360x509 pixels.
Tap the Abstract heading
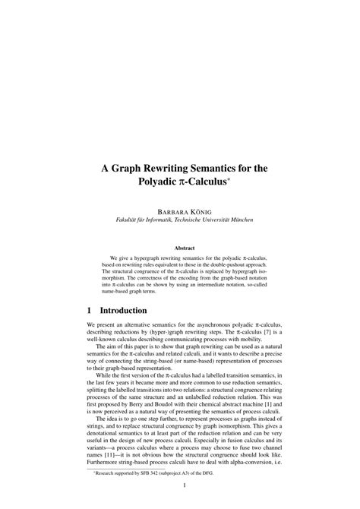tap(185, 247)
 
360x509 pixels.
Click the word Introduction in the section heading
tap(127, 311)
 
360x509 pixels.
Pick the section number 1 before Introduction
tap(92, 311)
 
